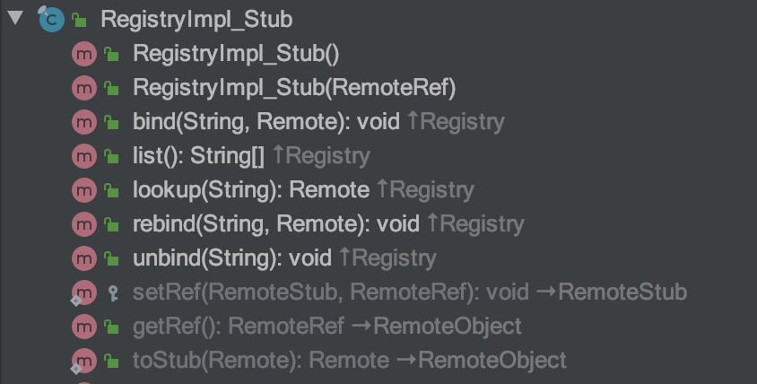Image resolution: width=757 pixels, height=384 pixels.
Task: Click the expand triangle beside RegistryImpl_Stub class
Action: pos(15,18)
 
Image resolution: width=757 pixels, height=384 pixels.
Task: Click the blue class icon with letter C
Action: pos(51,20)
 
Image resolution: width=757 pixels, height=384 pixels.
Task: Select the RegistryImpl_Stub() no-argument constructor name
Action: pos(236,54)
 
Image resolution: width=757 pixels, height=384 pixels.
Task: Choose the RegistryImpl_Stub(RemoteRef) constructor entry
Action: pos(294,88)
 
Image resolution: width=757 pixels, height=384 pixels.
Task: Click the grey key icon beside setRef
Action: pos(113,293)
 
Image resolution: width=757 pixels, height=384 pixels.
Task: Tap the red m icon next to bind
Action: pos(84,122)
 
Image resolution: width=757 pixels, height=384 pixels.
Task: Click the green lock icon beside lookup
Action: pos(112,190)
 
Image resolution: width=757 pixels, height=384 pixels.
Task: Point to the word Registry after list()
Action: pos(327,156)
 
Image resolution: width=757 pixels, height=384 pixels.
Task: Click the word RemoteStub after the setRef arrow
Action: pos(622,292)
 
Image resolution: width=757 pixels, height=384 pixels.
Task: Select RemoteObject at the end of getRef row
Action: pos(447,327)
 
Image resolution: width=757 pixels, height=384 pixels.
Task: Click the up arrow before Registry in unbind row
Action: pos(344,257)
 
